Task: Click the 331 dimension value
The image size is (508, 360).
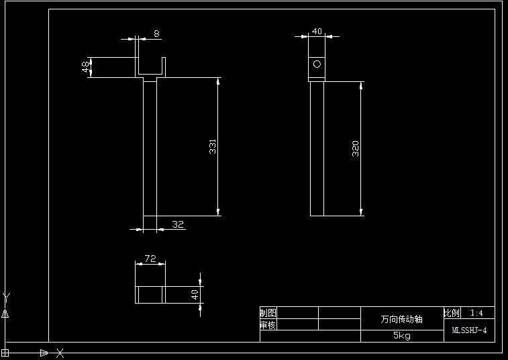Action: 213,147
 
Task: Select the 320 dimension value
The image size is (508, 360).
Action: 356,148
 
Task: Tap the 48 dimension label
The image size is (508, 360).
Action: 86,67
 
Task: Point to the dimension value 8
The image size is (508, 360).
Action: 156,34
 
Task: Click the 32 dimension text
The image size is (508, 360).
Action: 178,224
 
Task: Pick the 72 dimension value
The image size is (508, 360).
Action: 150,259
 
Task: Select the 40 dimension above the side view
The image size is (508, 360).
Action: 317,31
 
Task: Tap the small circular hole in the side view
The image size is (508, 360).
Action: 317,64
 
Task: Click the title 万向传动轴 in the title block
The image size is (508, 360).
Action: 402,319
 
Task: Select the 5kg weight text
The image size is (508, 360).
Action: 402,336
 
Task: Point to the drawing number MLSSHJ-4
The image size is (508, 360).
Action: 469,330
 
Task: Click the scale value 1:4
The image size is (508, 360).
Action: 477,313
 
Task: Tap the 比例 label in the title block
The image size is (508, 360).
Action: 452,313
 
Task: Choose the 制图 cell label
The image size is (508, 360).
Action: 268,313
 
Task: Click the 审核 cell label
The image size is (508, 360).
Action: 268,325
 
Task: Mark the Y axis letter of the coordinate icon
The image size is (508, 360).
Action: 6,296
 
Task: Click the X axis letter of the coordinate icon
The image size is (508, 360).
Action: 60,352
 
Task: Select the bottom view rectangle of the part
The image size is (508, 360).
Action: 150,294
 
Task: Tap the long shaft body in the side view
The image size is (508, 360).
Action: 317,148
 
